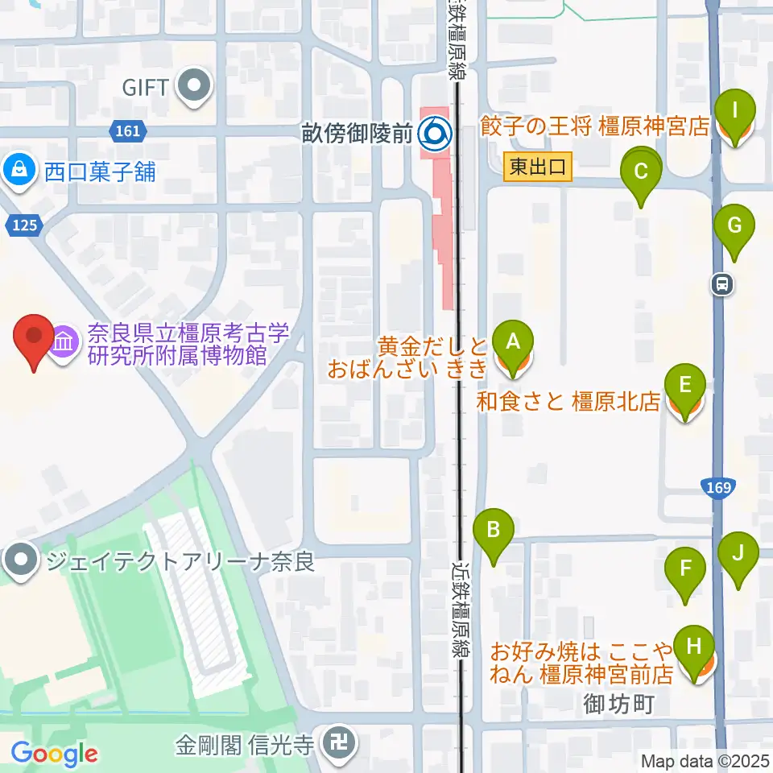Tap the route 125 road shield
25,226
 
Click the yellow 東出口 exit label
539,168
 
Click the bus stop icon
722,283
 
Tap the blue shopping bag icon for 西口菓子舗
16,170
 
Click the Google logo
54,754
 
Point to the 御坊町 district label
616,705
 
